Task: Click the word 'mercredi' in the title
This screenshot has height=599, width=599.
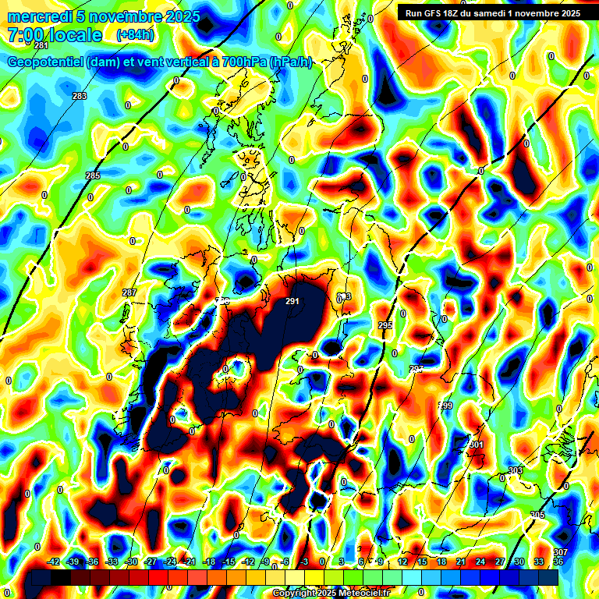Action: (x=37, y=16)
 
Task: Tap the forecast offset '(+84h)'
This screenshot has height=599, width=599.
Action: (x=135, y=34)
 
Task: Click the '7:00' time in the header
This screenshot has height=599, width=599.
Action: (x=24, y=35)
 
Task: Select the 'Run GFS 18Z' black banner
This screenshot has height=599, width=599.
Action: (x=492, y=12)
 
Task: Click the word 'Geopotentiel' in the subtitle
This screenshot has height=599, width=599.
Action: (x=44, y=62)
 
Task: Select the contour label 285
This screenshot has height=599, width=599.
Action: (x=93, y=175)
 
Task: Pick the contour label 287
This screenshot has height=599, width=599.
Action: (x=129, y=292)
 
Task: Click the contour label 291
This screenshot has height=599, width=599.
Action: (x=293, y=301)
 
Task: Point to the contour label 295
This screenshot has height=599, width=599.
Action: (x=385, y=325)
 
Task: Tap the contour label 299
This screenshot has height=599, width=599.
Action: (x=445, y=406)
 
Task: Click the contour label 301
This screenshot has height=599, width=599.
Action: (x=477, y=445)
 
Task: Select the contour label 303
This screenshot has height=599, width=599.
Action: (x=515, y=470)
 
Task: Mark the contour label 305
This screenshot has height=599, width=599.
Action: (x=537, y=515)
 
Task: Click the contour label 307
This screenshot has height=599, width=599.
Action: (x=560, y=552)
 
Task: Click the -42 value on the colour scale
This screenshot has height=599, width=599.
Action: (x=54, y=562)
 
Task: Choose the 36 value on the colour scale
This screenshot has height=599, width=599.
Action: (x=558, y=562)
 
